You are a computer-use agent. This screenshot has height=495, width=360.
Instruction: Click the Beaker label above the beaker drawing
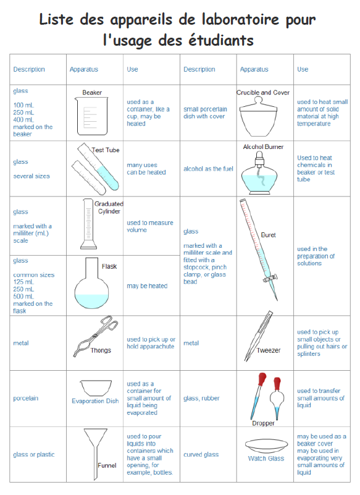pos(92,93)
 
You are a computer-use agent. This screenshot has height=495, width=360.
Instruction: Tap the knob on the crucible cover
pos(258,100)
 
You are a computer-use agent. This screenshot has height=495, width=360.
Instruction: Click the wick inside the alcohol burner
pos(261,177)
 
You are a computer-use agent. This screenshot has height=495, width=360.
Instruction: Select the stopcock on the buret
pos(270,278)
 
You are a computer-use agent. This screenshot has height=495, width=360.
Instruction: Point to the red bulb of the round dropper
pos(277,384)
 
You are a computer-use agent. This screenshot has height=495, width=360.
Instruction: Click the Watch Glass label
pos(266,459)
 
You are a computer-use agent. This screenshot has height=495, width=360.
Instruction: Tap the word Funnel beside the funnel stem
pos(107,465)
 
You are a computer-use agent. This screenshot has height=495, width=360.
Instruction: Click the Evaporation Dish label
pos(95,401)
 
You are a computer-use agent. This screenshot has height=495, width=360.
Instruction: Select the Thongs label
pos(101,350)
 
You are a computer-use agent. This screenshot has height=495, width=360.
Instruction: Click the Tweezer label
pos(269,350)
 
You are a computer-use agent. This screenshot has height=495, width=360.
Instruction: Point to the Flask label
pos(109,266)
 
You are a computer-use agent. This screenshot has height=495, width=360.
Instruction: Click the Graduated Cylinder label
pos(109,208)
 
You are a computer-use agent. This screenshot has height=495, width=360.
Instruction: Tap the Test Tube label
pos(106,150)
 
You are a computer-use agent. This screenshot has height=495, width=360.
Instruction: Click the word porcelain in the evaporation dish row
pos(25,399)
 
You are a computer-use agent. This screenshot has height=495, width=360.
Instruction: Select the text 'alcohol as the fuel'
pos(208,169)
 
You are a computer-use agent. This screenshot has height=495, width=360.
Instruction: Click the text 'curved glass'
pos(201,455)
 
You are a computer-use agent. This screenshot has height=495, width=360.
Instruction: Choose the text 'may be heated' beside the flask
pos(147,286)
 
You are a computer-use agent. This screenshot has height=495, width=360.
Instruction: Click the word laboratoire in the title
pos(240,20)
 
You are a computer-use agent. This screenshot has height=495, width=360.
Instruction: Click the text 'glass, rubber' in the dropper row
pos(201,399)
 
